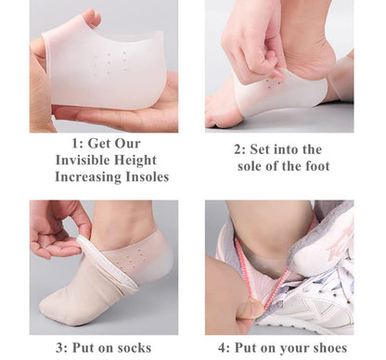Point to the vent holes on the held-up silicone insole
pos(110,62)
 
